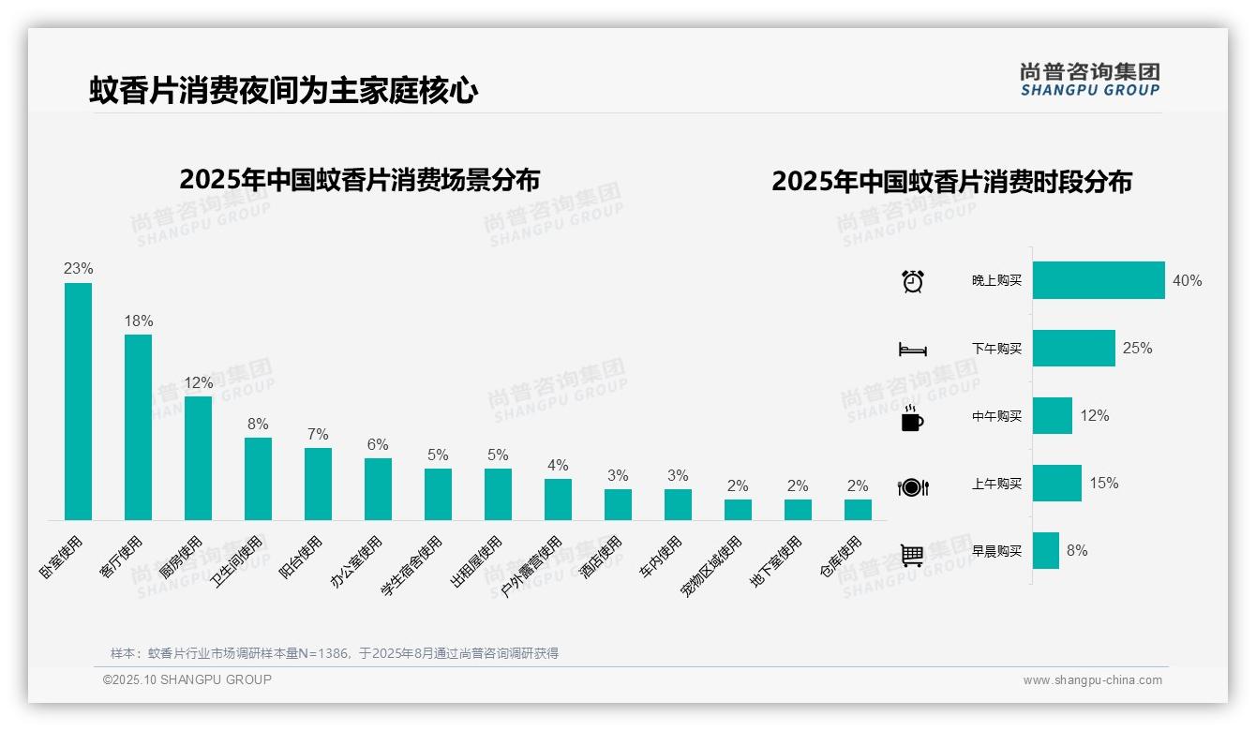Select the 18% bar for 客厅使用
coord(138,427)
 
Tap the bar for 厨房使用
coord(198,458)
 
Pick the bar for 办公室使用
coord(378,489)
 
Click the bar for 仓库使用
coord(858,510)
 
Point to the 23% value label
coord(78,269)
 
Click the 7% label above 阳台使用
coord(318,435)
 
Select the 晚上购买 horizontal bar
coord(1099,280)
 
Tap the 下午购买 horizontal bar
coord(1074,348)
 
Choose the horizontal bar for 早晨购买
coord(1046,551)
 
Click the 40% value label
coord(1187,281)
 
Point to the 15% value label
coord(1103,484)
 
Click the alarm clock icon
coord(912,281)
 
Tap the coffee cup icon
coord(912,419)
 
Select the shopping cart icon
coord(912,555)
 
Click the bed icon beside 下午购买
coord(912,350)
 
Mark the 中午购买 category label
coord(996,416)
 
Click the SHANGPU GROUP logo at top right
coord(1089,80)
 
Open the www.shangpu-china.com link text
coord(1092,680)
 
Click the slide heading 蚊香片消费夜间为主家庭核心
coord(284,91)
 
